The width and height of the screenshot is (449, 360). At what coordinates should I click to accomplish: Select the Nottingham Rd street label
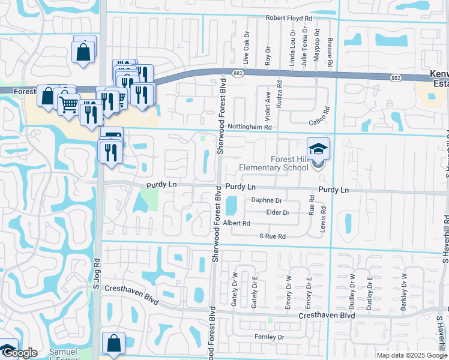click(x=250, y=127)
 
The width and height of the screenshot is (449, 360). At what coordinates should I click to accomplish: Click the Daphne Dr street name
click(x=266, y=200)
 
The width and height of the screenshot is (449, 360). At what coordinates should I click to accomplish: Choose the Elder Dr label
click(x=278, y=212)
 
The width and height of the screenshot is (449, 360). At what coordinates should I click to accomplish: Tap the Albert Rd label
click(x=236, y=223)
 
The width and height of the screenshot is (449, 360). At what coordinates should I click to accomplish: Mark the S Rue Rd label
click(x=273, y=237)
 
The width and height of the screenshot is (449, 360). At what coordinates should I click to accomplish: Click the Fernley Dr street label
click(x=269, y=337)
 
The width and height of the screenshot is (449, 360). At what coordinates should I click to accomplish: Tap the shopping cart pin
click(x=69, y=105)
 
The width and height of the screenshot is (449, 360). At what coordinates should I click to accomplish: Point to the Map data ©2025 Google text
click(x=412, y=355)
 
